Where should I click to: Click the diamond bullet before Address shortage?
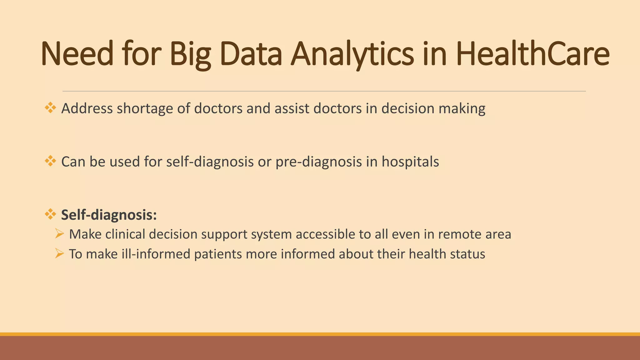click(50, 108)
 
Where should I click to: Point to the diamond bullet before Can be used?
click(50, 162)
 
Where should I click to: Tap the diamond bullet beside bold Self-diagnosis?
click(50, 215)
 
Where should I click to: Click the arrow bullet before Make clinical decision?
click(59, 234)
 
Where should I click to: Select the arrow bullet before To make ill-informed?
click(59, 253)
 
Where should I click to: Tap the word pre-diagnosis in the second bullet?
click(318, 162)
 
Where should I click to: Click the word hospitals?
click(410, 162)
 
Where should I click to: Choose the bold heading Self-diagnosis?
click(109, 215)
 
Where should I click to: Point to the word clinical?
click(125, 234)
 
